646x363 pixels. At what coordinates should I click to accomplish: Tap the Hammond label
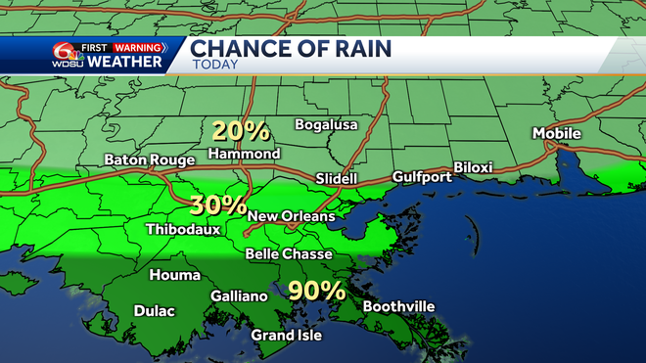pos(246,154)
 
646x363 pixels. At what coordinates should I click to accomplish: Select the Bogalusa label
pos(328,124)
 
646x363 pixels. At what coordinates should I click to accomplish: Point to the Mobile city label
pos(557,133)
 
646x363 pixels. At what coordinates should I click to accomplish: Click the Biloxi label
pos(473,168)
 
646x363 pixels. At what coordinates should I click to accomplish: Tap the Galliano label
pos(239,296)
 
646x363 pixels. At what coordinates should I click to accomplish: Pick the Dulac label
pos(154,311)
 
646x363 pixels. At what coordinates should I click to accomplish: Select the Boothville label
pos(398,306)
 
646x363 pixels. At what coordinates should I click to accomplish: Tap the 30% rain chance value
pos(217,204)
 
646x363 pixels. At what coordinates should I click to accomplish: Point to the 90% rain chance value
pos(316,290)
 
